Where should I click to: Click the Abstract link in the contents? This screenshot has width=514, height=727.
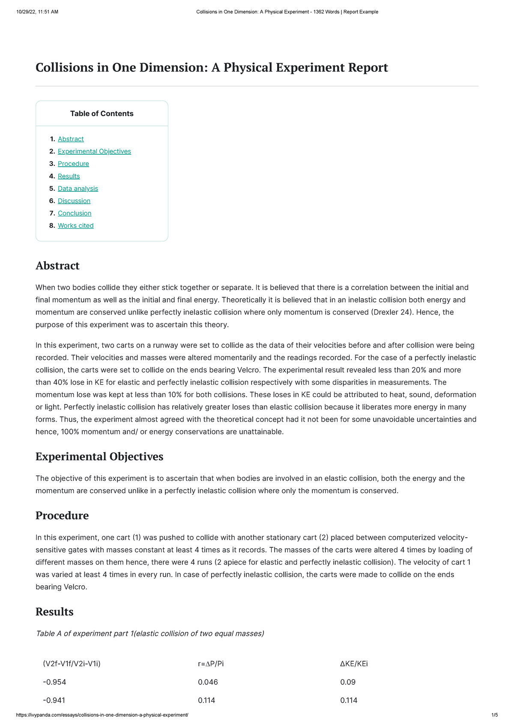[71, 139]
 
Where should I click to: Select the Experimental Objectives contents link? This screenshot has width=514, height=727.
[94, 151]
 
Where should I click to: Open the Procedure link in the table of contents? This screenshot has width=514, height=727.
[73, 164]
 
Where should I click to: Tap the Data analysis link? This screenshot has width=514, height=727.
[78, 188]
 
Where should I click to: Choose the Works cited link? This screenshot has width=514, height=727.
[76, 225]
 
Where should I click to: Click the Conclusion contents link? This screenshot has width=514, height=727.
[75, 213]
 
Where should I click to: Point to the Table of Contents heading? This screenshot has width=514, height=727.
[102, 114]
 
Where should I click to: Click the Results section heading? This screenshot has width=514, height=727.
[54, 611]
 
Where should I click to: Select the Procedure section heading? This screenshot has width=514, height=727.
[62, 515]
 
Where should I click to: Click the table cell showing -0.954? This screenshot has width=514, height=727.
[54, 682]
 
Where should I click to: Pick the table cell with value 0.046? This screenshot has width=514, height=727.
[208, 682]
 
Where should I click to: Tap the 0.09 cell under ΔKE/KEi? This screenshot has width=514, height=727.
[348, 682]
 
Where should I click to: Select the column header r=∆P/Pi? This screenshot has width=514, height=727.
[211, 664]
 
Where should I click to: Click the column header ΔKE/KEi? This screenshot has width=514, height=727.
[354, 664]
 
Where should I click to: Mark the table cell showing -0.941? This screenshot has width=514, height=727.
[54, 700]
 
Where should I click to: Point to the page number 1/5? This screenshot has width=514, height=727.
[494, 715]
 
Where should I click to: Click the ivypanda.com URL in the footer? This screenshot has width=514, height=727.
[102, 715]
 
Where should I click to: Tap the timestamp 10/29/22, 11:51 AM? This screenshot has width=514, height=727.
[37, 12]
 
